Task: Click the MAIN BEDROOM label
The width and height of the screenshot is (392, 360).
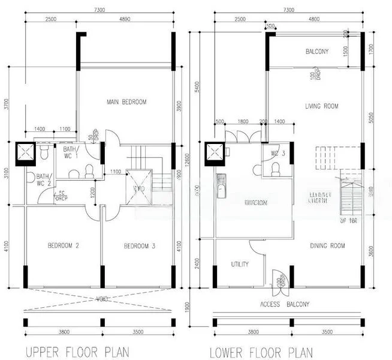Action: pos(126,102)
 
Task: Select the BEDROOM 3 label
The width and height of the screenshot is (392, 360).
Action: pos(140,246)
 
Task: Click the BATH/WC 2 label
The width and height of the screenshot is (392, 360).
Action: pos(43,179)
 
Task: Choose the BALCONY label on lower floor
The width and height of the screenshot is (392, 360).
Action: pos(316,52)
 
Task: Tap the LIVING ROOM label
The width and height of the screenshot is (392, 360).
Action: pos(322,106)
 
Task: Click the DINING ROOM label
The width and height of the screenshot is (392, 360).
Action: pos(327,245)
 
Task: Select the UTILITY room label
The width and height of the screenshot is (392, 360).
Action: pos(240,264)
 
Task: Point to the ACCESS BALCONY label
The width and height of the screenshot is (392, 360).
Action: pos(286,304)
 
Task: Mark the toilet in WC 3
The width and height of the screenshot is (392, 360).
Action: pos(276,169)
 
